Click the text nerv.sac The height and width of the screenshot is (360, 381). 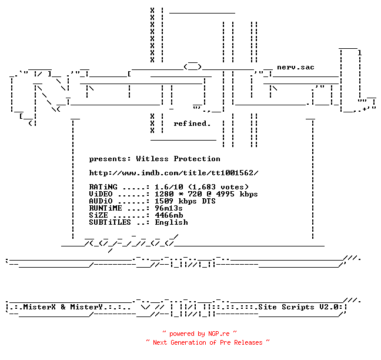coord(296,67)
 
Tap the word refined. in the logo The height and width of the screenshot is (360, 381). coord(192,124)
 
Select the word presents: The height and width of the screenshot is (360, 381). coord(110,159)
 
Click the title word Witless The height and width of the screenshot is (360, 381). coord(152,159)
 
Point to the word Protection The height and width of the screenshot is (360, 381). coord(197,159)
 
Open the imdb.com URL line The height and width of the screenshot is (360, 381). coord(173,173)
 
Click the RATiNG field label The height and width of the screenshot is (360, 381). coord(103,187)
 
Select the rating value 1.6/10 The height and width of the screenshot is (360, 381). coord(169,187)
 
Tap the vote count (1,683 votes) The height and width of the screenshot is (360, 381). coord(219,187)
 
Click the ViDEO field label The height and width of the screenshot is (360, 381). coord(101,194)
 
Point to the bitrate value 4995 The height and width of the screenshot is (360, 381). coord(225,194)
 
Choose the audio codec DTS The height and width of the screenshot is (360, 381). coord(209,201)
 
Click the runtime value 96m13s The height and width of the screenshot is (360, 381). coord(169,208)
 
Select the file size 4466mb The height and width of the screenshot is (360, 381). coord(169,215)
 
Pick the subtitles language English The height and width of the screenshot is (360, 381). coord(172,222)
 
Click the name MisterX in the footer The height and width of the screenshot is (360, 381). coord(39,307)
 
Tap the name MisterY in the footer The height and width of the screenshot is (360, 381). coord(86,307)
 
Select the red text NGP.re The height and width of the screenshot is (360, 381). coord(219,334)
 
